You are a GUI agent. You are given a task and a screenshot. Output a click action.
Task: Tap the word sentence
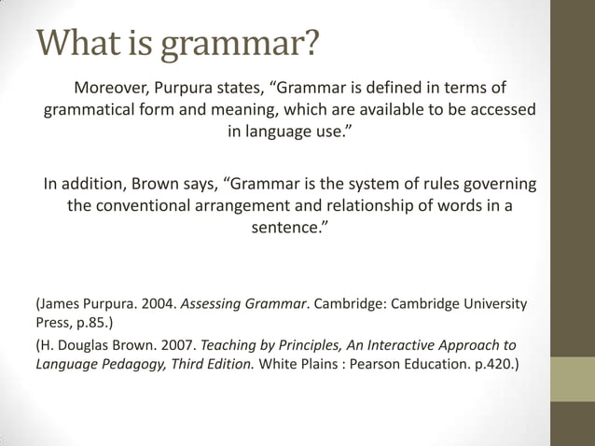click(287, 227)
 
